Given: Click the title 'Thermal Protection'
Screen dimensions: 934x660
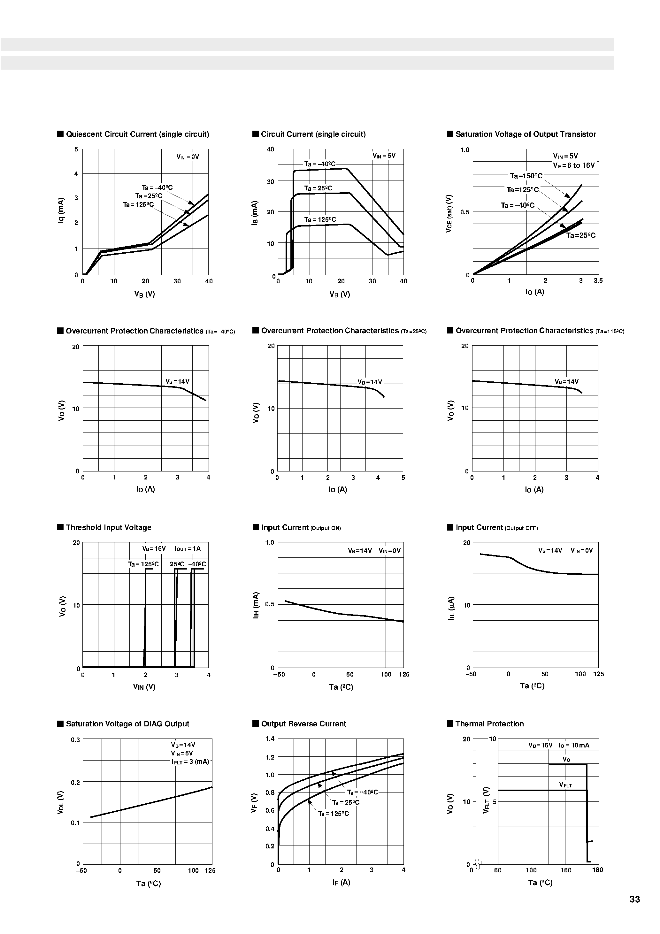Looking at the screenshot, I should pos(489,724).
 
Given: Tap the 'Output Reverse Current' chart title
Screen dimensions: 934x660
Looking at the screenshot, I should pos(303,724).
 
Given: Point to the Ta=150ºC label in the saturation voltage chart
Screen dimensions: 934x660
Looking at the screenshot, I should pos(526,176).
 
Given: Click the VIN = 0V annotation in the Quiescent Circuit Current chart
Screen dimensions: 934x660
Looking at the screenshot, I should pos(188,157).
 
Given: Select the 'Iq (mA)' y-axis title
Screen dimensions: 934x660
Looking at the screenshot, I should pos(61,210).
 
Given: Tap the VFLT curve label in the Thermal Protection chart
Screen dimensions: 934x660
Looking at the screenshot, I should pos(565,785).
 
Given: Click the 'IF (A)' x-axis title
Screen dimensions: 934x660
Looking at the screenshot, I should pos(341,882).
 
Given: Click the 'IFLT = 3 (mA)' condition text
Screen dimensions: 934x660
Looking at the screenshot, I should pos(190,762).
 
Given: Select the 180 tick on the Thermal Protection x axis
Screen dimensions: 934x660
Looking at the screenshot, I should pos(597,870).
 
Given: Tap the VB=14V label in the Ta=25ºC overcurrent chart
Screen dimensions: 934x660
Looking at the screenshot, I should pos(370,382).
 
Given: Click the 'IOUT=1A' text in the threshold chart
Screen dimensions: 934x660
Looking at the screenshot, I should pos(187,548).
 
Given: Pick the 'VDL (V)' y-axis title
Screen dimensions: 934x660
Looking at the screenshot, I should pos(61,802).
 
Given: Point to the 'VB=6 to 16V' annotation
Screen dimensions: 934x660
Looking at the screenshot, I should pos(574,165).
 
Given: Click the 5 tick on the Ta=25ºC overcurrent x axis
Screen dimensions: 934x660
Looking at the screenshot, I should pos(403,478).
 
